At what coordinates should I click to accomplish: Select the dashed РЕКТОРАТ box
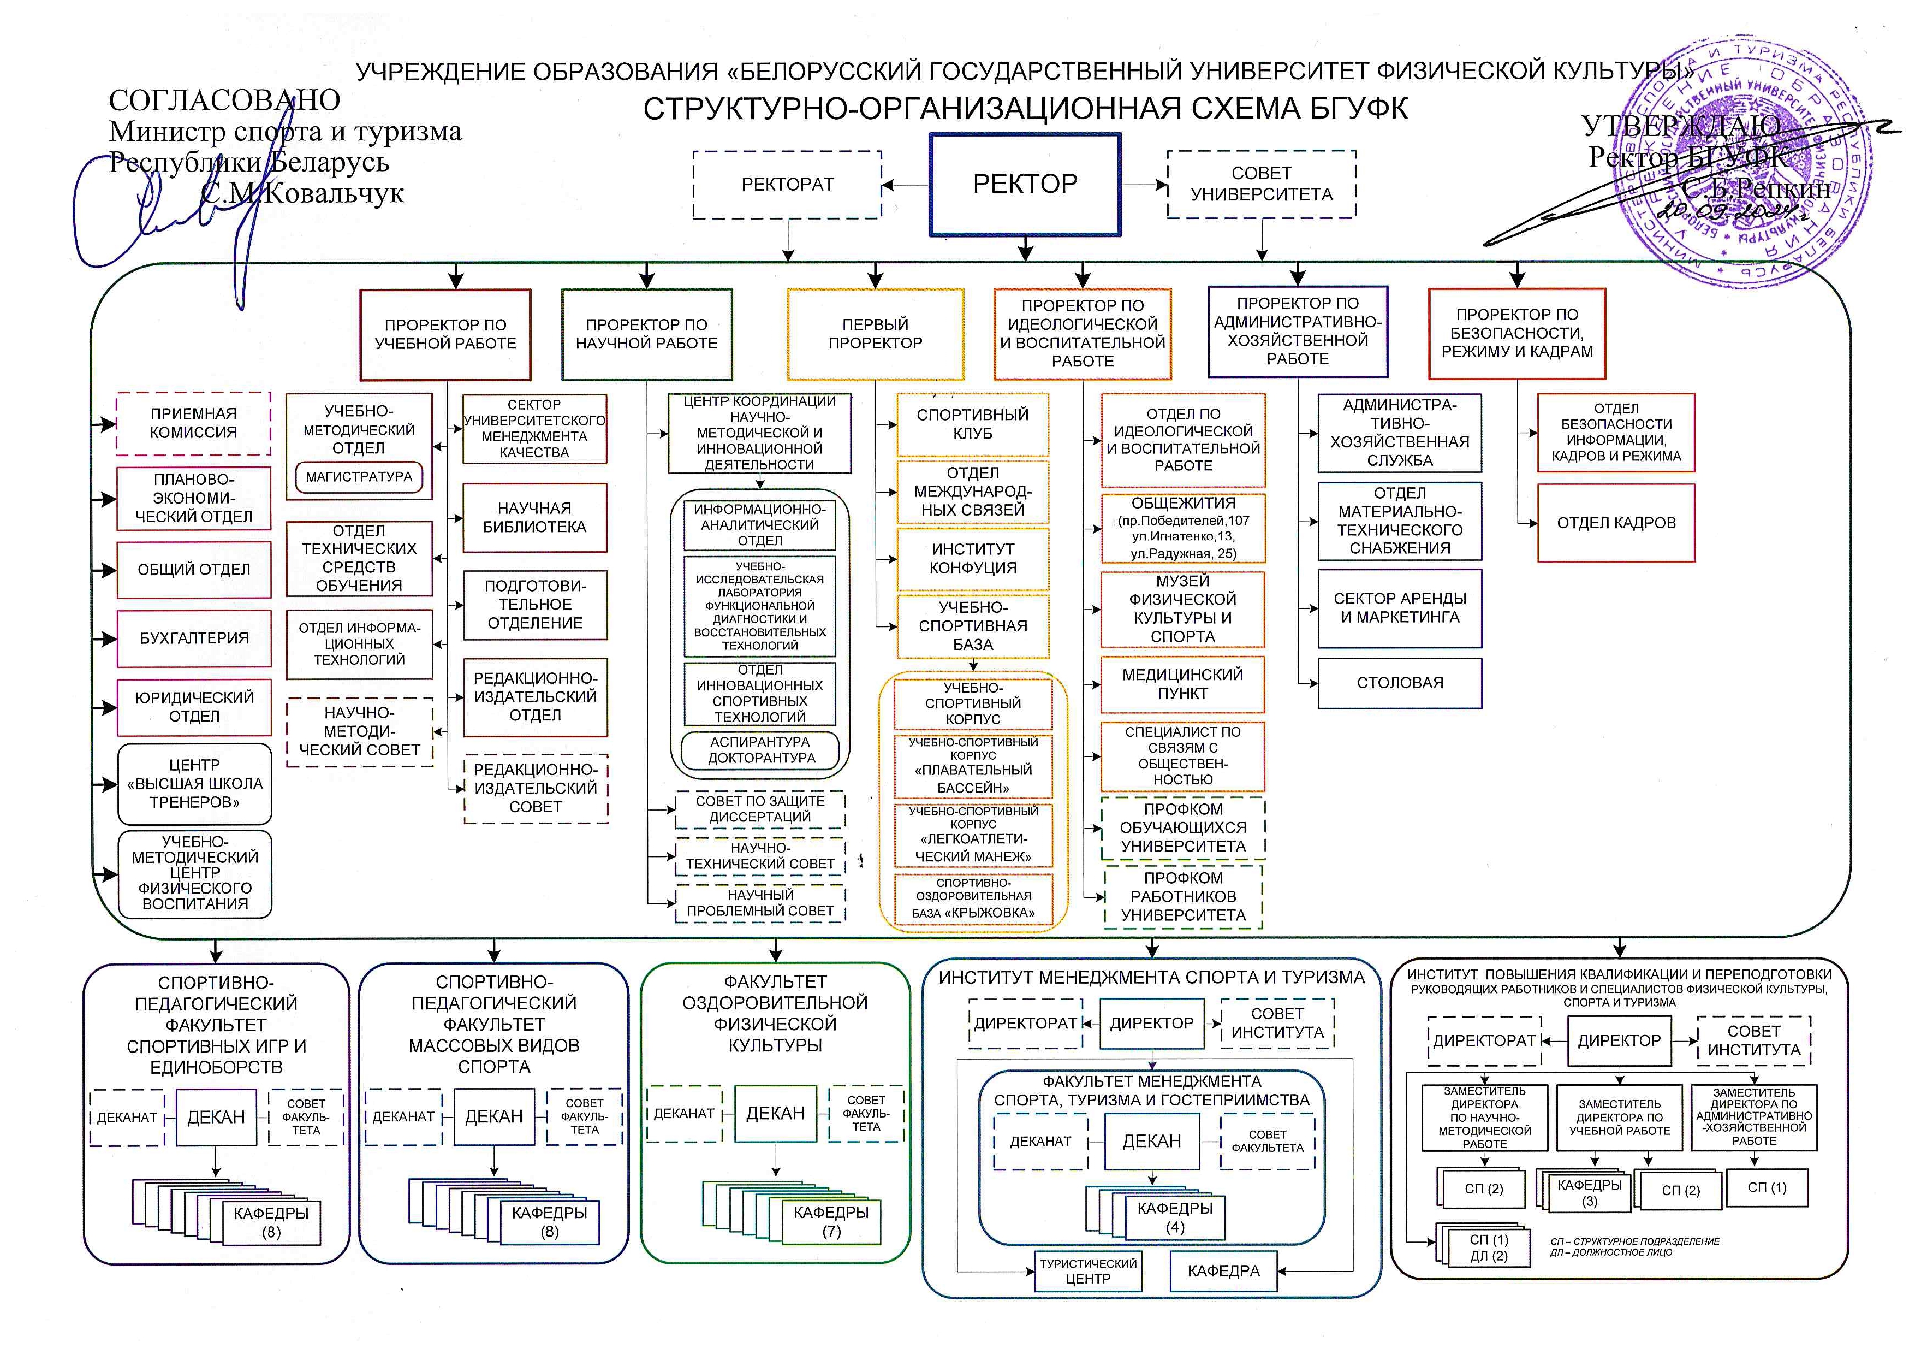click(x=787, y=185)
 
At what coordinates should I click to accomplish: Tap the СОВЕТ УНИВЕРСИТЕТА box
click(x=1261, y=185)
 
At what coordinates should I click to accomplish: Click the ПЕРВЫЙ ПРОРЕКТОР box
click(x=875, y=334)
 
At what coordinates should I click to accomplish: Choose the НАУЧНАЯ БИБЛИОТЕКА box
click(x=534, y=517)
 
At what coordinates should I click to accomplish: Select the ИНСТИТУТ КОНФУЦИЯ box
click(x=973, y=558)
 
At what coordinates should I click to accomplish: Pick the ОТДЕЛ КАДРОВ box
click(x=1615, y=523)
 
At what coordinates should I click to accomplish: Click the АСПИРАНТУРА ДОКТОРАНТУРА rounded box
click(x=760, y=750)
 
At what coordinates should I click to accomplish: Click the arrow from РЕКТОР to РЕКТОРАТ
click(x=906, y=185)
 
